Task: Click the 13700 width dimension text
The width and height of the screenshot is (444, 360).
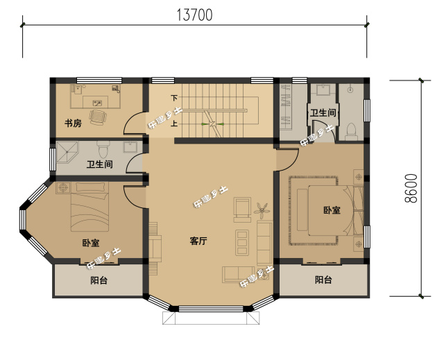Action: point(194,13)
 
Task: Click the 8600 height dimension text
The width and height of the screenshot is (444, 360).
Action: point(411,187)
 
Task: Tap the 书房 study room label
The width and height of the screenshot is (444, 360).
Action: point(73,124)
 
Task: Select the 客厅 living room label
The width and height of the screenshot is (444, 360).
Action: point(198,241)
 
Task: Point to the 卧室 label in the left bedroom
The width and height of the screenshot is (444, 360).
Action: point(90,243)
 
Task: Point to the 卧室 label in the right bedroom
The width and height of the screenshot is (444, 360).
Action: point(331,210)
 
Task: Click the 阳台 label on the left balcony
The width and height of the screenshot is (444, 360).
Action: point(99,280)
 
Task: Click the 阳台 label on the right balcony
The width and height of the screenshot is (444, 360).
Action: point(323,280)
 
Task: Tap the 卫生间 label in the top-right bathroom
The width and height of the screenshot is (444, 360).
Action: point(323,112)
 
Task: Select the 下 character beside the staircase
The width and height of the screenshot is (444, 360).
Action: point(175,98)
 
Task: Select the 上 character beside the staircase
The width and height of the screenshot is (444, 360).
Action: point(175,124)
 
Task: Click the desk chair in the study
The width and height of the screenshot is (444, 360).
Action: point(99,114)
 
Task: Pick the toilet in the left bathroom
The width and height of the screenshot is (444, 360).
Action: point(104,148)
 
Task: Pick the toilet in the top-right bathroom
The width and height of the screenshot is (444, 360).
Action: point(352,130)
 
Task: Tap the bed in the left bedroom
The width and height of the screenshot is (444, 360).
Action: point(89,208)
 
